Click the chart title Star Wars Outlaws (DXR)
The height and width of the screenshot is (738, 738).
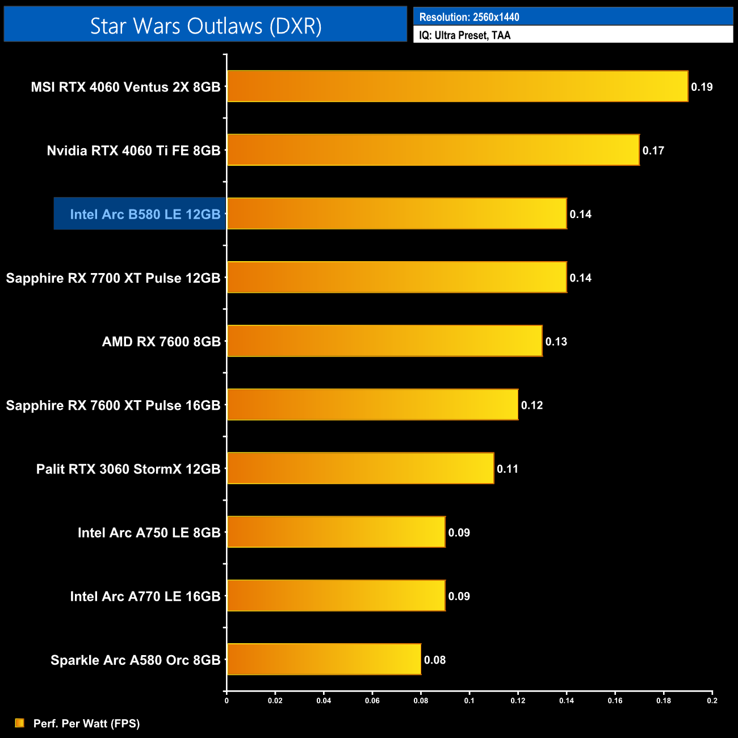(206, 26)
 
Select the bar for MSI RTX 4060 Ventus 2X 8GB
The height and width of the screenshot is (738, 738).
(458, 86)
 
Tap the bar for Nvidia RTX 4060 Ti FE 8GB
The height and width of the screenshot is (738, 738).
(433, 150)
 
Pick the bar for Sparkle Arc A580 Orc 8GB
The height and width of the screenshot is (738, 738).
(324, 659)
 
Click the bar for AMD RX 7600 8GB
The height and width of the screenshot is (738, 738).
(385, 341)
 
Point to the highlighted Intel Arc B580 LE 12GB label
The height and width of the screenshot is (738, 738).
(145, 214)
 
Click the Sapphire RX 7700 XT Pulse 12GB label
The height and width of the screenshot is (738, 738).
(113, 278)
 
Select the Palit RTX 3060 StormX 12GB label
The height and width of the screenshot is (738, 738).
(128, 469)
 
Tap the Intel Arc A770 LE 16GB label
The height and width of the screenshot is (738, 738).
(145, 596)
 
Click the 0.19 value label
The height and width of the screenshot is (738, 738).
(702, 87)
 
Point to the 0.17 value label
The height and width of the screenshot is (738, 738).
(653, 150)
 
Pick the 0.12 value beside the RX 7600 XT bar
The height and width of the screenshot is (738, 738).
(532, 405)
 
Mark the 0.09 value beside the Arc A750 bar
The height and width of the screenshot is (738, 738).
(459, 532)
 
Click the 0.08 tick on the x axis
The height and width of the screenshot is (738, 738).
(421, 701)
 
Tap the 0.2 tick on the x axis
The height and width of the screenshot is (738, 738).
(712, 701)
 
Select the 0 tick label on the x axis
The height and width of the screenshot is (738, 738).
(227, 701)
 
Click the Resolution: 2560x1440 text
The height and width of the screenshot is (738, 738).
(469, 17)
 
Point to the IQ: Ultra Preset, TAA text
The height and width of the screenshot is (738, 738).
(465, 35)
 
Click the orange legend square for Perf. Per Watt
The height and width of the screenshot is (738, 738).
(20, 723)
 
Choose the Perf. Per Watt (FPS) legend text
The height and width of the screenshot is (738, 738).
(86, 723)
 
